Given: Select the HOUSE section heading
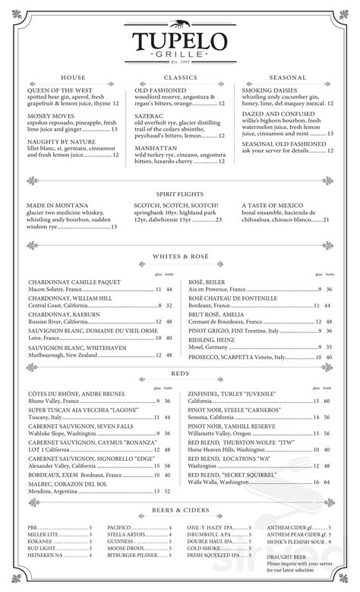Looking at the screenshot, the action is pos(73,77).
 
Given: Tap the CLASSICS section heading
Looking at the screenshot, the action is pos(180,77).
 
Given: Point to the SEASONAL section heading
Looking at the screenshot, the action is pos(286,77).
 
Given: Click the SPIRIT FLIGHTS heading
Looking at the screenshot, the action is pos(180,193).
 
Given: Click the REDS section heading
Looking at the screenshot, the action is pos(180,375).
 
